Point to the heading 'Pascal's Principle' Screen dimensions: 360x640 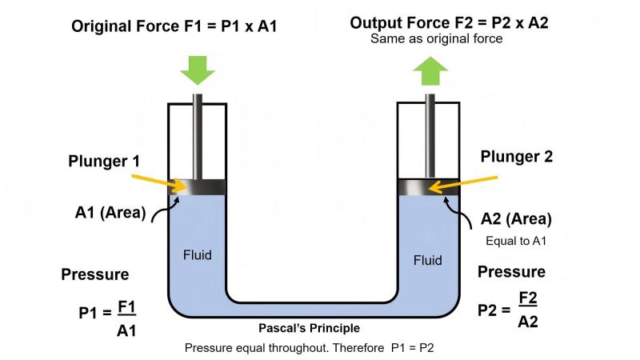tap(309, 328)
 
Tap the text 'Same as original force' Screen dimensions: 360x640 tap(436, 39)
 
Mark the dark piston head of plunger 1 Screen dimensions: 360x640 tap(197, 186)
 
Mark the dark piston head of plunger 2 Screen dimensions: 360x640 tap(429, 187)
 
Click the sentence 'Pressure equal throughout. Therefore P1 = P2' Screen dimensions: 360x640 tap(309, 348)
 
